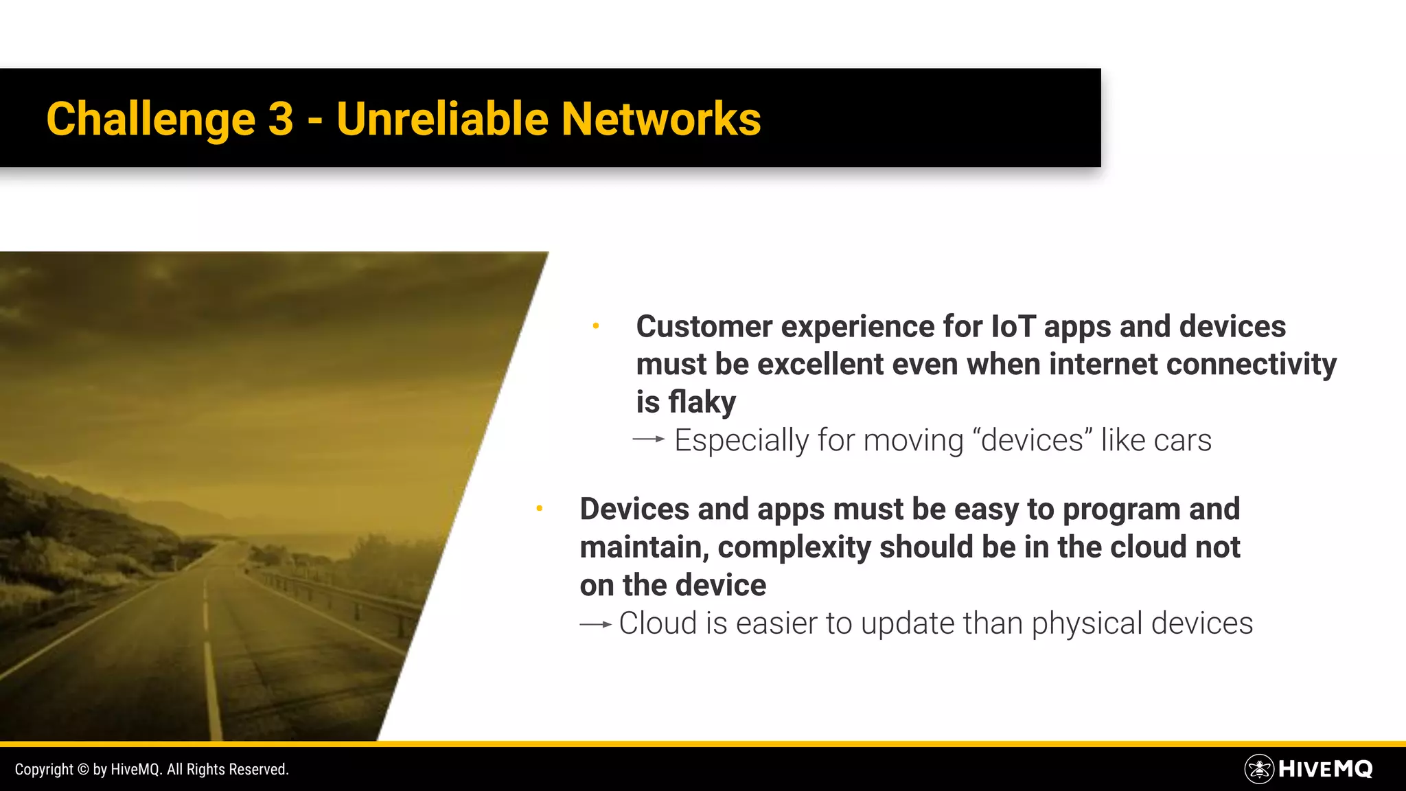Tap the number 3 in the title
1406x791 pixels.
point(280,119)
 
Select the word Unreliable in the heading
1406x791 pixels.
point(442,119)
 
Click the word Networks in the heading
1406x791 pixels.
point(660,119)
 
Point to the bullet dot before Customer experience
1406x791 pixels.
point(596,326)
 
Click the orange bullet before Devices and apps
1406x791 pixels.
point(540,509)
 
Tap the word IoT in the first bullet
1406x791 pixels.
point(1013,326)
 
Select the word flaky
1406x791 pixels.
point(702,402)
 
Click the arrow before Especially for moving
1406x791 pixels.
point(649,439)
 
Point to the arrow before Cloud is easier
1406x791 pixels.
point(595,624)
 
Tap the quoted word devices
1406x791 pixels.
point(1032,440)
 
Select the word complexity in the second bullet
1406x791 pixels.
point(794,548)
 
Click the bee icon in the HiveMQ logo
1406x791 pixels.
point(1259,769)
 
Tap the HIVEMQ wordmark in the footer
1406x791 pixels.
point(1325,769)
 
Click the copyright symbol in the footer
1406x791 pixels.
point(83,770)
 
